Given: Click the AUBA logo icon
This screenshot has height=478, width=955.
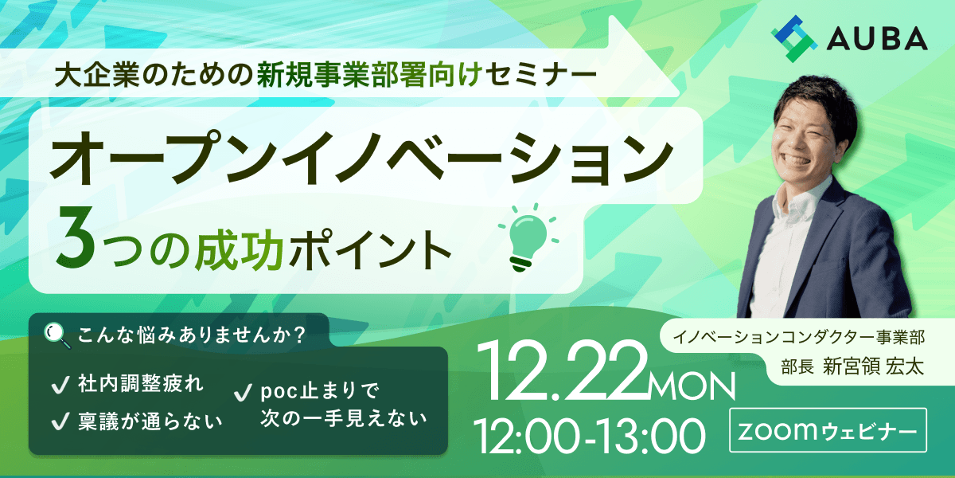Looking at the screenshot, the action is coord(794,39).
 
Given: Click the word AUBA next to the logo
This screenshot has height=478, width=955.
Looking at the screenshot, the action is coord(877,39).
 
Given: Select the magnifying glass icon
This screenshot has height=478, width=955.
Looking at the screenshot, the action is coord(57,335).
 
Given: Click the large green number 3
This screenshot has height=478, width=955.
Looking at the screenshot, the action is coord(75,237).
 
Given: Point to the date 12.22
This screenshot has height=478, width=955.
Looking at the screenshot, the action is coord(561,371).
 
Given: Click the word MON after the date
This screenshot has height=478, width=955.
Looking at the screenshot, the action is coord(692,386).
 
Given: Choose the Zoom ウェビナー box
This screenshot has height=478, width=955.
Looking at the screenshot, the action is coord(828,430).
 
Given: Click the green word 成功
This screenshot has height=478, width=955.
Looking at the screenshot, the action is coord(240,249).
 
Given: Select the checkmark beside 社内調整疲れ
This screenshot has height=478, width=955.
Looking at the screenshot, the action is coord(60,385).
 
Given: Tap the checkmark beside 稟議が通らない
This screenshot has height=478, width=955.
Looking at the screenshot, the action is coord(60,421).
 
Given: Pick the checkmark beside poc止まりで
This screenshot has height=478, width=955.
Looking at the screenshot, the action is coord(243,393).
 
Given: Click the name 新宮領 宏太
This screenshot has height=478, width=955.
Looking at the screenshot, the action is coord(873,366).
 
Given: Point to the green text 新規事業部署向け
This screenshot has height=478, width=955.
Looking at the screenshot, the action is coord(370,75).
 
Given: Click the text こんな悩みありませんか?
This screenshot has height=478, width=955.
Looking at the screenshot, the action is coord(191,335).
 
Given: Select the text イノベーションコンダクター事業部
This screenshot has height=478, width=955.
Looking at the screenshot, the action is coord(799,337).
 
